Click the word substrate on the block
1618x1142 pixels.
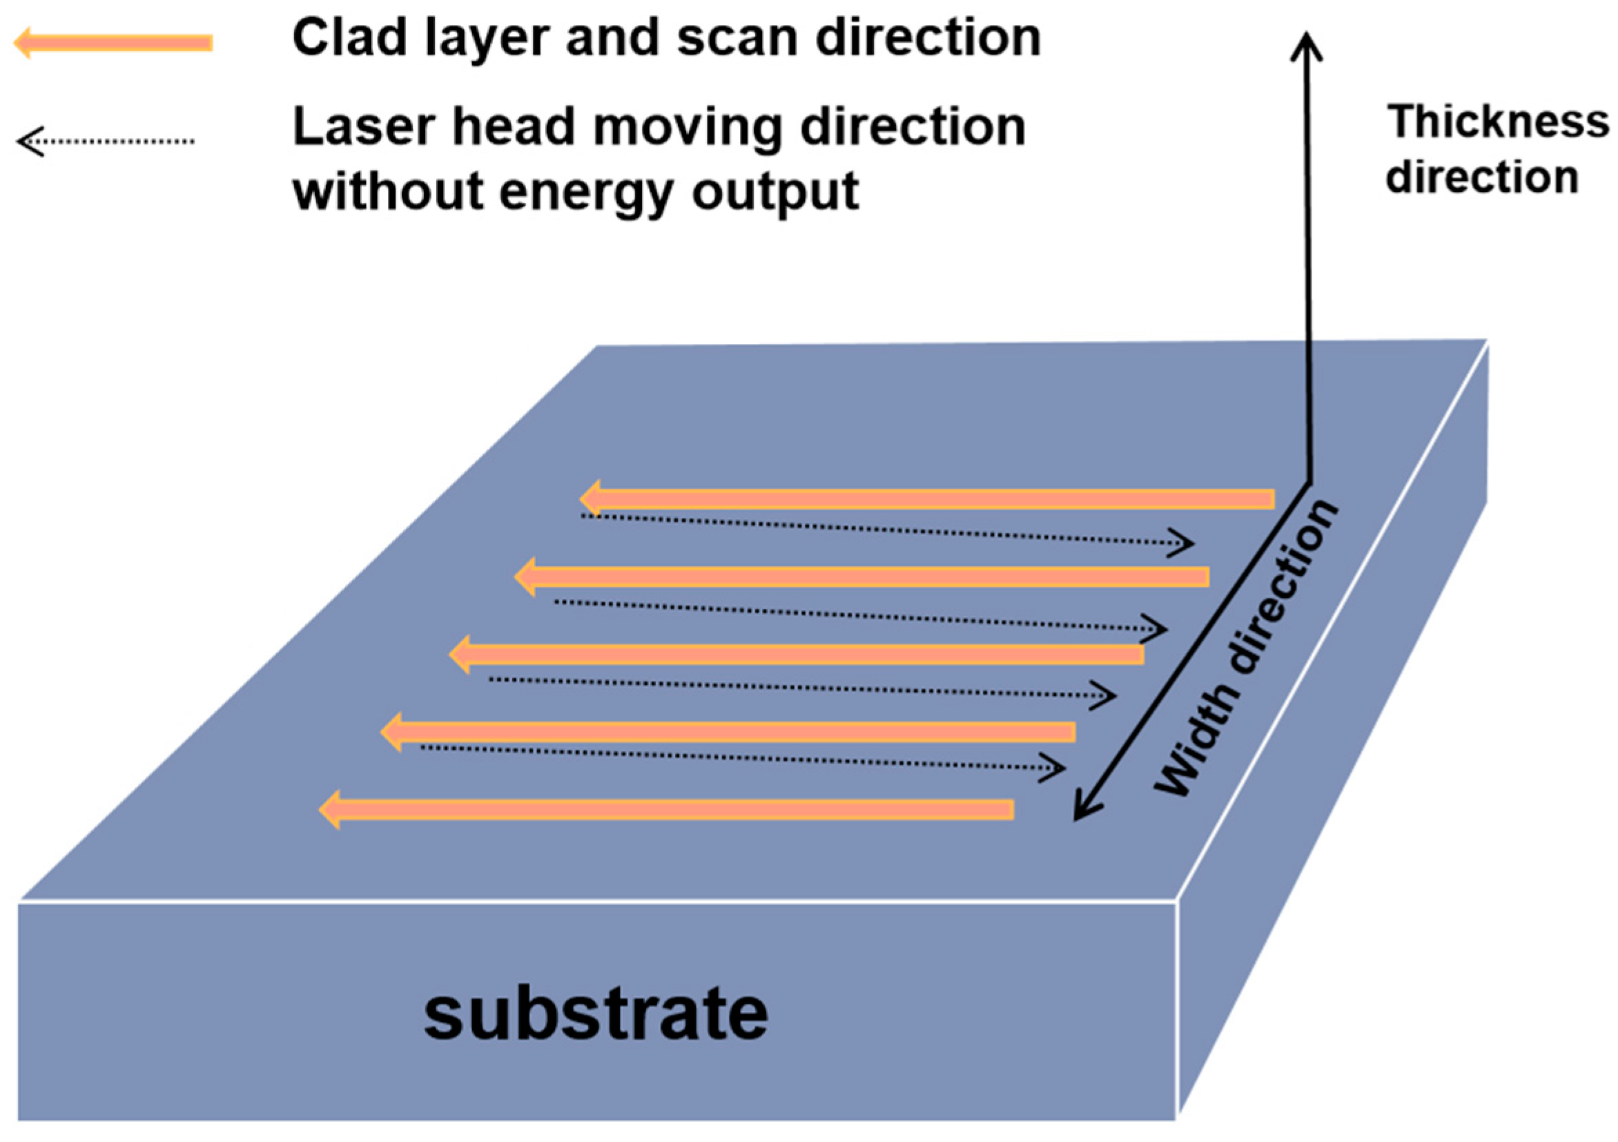596,1014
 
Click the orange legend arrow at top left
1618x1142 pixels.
113,43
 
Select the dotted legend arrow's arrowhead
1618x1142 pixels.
28,141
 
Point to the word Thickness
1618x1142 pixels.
1498,122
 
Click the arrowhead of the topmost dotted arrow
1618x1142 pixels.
1184,543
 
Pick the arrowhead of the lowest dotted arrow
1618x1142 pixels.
1055,768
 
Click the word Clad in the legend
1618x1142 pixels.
349,38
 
